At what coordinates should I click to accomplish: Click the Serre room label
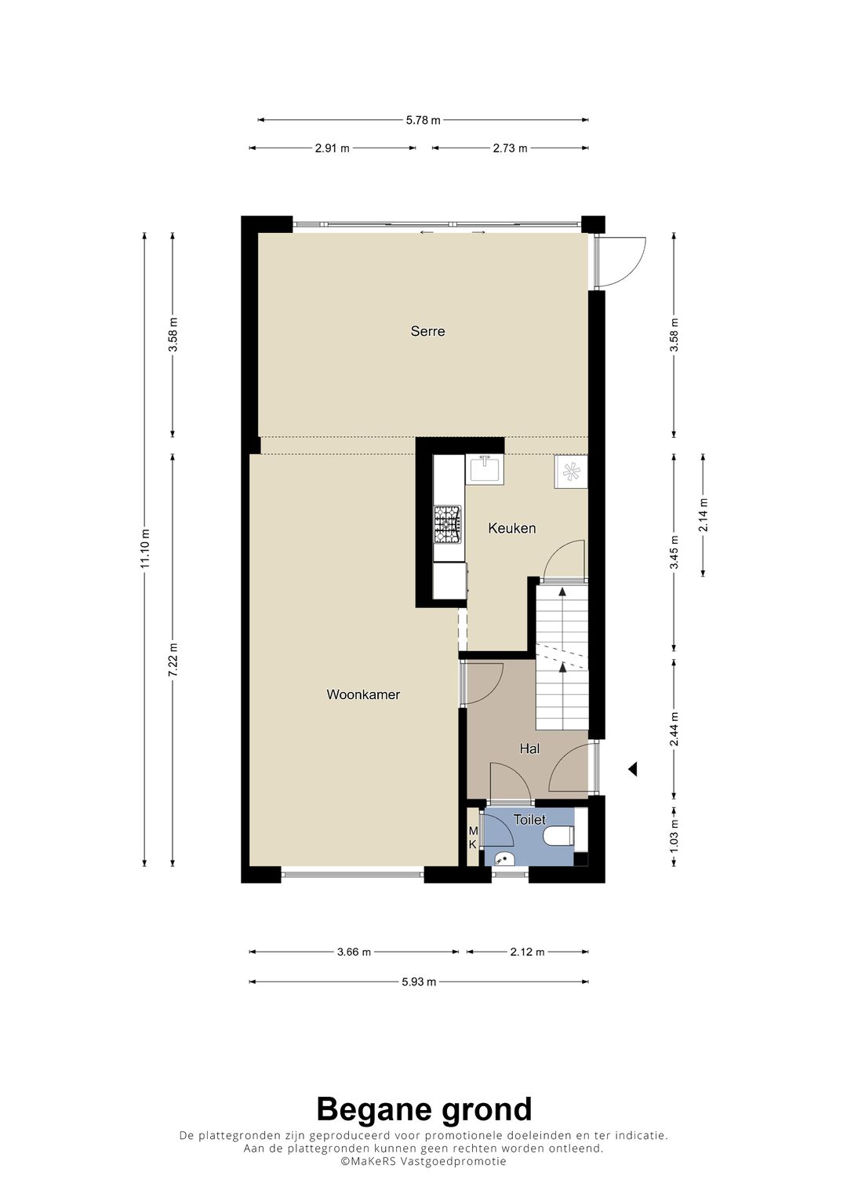[427, 331]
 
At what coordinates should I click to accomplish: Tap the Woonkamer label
[363, 694]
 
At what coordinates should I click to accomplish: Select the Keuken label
[511, 528]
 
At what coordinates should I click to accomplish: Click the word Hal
[529, 749]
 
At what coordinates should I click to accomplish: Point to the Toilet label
[529, 820]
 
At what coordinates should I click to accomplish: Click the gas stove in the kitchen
[448, 525]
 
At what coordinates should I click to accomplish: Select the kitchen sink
[485, 469]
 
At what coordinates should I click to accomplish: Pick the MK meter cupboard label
[473, 837]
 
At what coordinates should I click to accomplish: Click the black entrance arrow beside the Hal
[632, 770]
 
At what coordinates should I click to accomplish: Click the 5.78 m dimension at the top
[423, 120]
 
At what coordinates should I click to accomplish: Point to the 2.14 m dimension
[703, 515]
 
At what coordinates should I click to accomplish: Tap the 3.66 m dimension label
[354, 952]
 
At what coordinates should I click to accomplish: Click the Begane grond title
[423, 1109]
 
